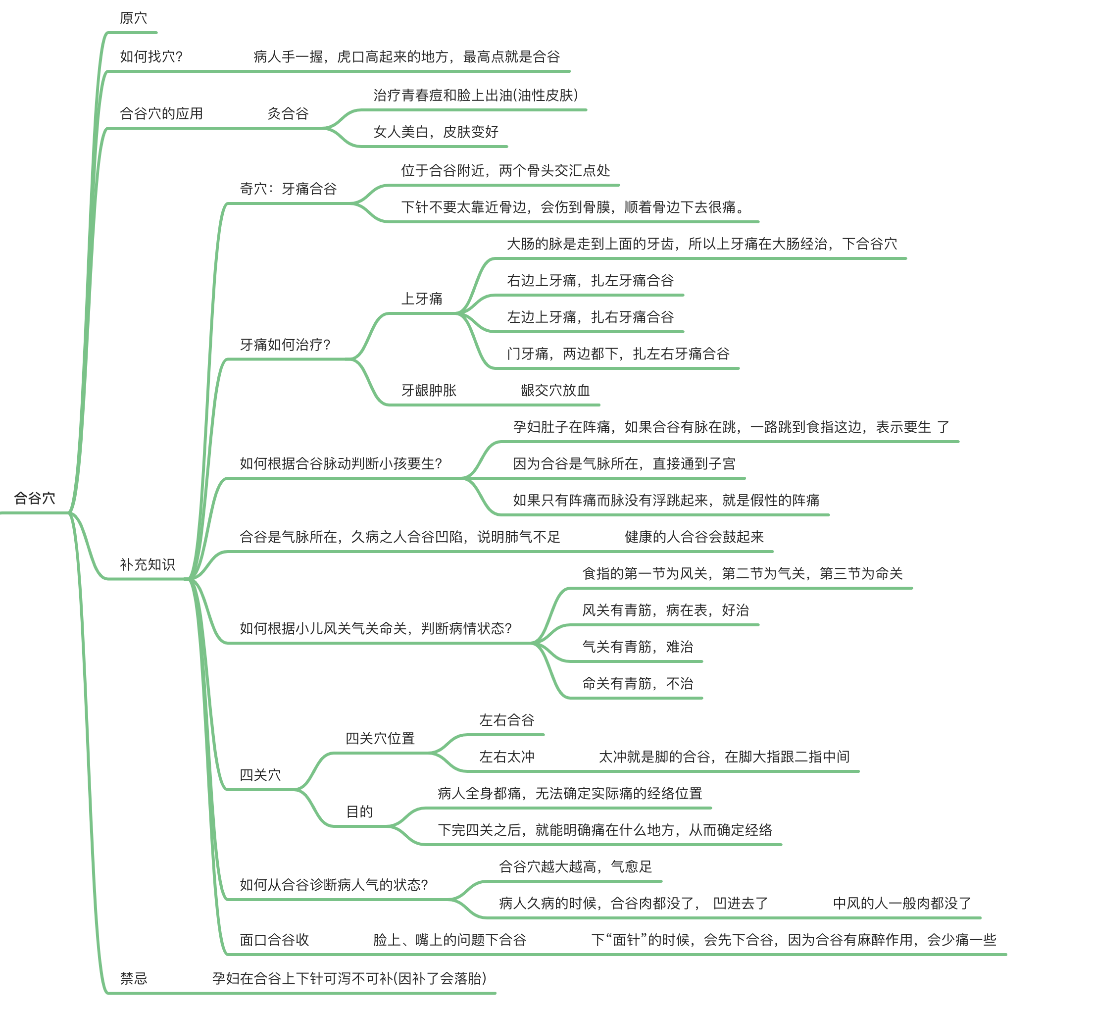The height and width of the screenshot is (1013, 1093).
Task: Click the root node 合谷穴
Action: pos(35,498)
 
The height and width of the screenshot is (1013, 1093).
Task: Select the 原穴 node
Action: pos(133,18)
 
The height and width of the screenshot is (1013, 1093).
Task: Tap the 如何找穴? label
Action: pos(151,56)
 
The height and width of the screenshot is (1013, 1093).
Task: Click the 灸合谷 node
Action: pos(288,113)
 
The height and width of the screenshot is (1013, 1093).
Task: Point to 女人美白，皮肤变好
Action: pos(436,132)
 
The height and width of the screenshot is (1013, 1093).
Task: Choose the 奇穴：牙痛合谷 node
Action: pos(288,189)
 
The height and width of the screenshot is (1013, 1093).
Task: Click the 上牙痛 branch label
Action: pos(422,298)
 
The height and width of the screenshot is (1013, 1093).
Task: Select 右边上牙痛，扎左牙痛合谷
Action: pos(590,280)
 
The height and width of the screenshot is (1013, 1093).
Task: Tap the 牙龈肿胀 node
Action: pos(429,390)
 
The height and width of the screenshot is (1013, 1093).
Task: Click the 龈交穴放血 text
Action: pos(555,390)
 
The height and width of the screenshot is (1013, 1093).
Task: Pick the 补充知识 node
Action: pos(148,564)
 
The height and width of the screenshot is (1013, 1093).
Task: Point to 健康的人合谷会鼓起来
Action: pos(694,537)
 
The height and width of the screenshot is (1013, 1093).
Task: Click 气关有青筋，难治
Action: pos(638,646)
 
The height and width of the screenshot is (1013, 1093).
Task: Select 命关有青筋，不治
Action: pos(638,683)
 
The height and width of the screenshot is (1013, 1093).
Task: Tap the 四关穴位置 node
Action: pos(380,738)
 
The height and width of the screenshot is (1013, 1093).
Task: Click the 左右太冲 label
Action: pos(506,757)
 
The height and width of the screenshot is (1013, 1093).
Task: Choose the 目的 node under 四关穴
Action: pos(359,811)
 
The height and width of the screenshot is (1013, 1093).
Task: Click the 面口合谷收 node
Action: pos(274,940)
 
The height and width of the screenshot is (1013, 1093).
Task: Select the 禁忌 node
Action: pos(133,978)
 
